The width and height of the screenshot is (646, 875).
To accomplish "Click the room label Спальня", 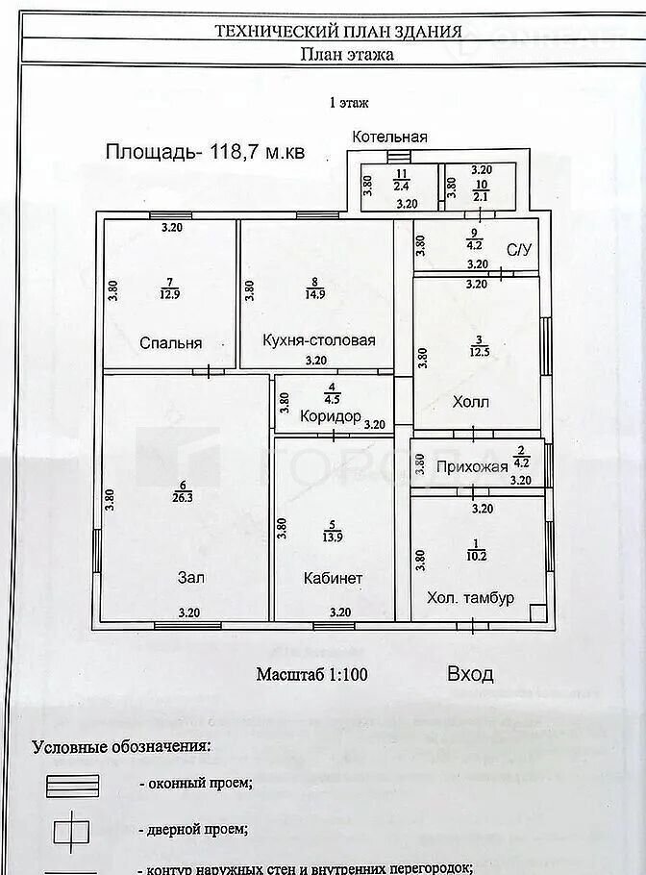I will pyautogui.click(x=170, y=342).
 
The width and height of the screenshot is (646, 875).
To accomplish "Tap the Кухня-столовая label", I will pyautogui.click(x=318, y=340).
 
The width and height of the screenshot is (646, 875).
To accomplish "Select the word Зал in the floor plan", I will pyautogui.click(x=190, y=578).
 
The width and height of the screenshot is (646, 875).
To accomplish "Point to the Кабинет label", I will pyautogui.click(x=333, y=578).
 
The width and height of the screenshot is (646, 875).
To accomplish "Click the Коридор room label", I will pyautogui.click(x=330, y=416).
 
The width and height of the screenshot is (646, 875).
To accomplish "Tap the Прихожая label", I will pyautogui.click(x=471, y=467).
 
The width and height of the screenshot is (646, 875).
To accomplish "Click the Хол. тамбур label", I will pyautogui.click(x=470, y=597).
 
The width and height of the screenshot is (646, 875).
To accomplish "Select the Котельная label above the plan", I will pyautogui.click(x=388, y=137).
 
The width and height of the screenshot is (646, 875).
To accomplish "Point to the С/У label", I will pyautogui.click(x=519, y=250).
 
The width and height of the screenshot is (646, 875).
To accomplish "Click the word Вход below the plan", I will pyautogui.click(x=470, y=673).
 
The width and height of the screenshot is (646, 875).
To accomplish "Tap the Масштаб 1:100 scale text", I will pyautogui.click(x=311, y=674).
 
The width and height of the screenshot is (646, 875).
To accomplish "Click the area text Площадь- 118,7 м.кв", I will pyautogui.click(x=205, y=151).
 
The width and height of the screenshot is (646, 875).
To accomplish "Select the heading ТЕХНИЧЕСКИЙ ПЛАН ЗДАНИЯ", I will pyautogui.click(x=338, y=31).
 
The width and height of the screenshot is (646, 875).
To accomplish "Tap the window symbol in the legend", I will pyautogui.click(x=72, y=785).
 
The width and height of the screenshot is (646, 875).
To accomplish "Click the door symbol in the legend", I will pyautogui.click(x=72, y=830).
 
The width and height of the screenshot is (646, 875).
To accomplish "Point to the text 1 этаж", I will pyautogui.click(x=349, y=101).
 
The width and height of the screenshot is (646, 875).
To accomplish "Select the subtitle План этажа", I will pyautogui.click(x=347, y=55).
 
